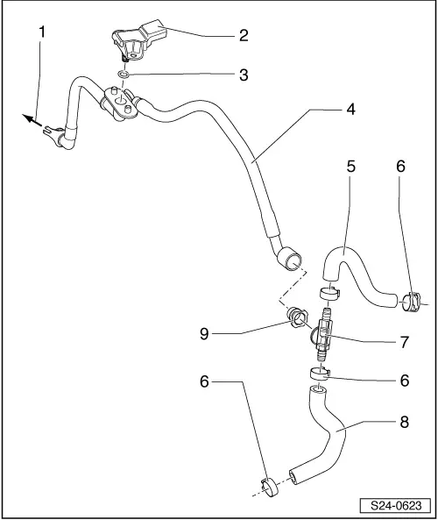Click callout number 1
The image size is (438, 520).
coord(42,32)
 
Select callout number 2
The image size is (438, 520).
coord(244,35)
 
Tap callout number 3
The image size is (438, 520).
coord(244,75)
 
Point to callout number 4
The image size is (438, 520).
coord(351,109)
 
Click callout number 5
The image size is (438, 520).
coord(351,166)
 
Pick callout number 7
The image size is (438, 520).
coord(405,342)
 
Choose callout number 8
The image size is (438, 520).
coord(405,422)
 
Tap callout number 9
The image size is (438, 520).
coord(204,333)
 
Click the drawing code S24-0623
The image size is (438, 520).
coord(396,506)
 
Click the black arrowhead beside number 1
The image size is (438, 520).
coord(28,118)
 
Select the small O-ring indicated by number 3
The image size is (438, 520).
coord(123,74)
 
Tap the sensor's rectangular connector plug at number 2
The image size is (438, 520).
coord(153,29)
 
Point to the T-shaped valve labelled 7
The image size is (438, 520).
coord(322,334)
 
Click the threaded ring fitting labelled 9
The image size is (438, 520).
coord(296,317)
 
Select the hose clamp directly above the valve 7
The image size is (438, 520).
coord(329,293)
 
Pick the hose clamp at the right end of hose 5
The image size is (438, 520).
coord(411,302)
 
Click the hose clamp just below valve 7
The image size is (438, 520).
coord(320,373)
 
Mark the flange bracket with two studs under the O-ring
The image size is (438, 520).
coord(120,103)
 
